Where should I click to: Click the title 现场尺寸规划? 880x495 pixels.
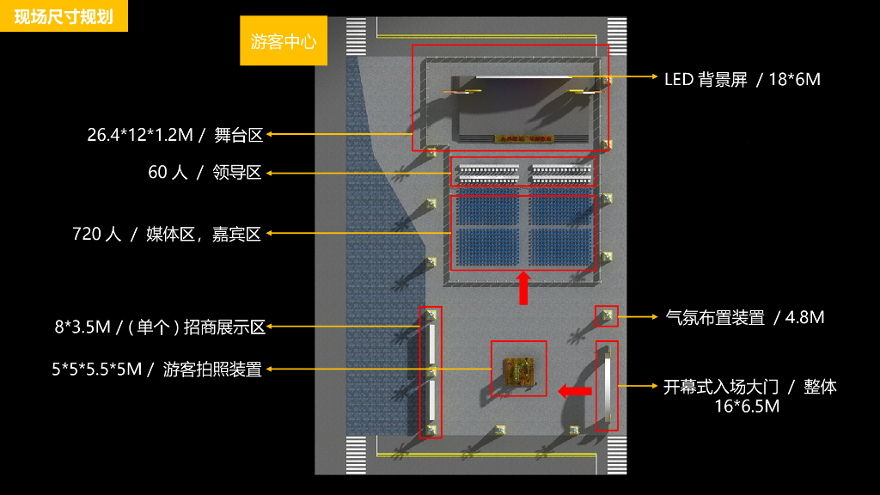[64, 16]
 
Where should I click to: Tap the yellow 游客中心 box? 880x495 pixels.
[284, 41]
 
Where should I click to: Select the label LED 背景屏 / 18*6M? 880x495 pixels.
[742, 80]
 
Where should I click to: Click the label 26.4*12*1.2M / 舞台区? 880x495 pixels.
[174, 135]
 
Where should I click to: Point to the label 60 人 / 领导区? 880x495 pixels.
[205, 173]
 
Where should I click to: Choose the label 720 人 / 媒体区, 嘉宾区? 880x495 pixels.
[167, 234]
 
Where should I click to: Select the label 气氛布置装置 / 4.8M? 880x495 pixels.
[745, 318]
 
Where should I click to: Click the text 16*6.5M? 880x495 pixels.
[747, 406]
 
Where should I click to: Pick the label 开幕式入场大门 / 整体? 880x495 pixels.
[749, 387]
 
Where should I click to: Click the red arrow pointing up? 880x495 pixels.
[522, 288]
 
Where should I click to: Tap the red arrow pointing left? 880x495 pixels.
[574, 391]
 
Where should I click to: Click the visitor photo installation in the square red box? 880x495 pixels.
[518, 369]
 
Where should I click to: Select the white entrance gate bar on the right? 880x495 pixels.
[607, 386]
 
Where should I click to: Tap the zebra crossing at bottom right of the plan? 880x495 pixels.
[616, 454]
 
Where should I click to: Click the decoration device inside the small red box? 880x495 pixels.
[607, 315]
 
